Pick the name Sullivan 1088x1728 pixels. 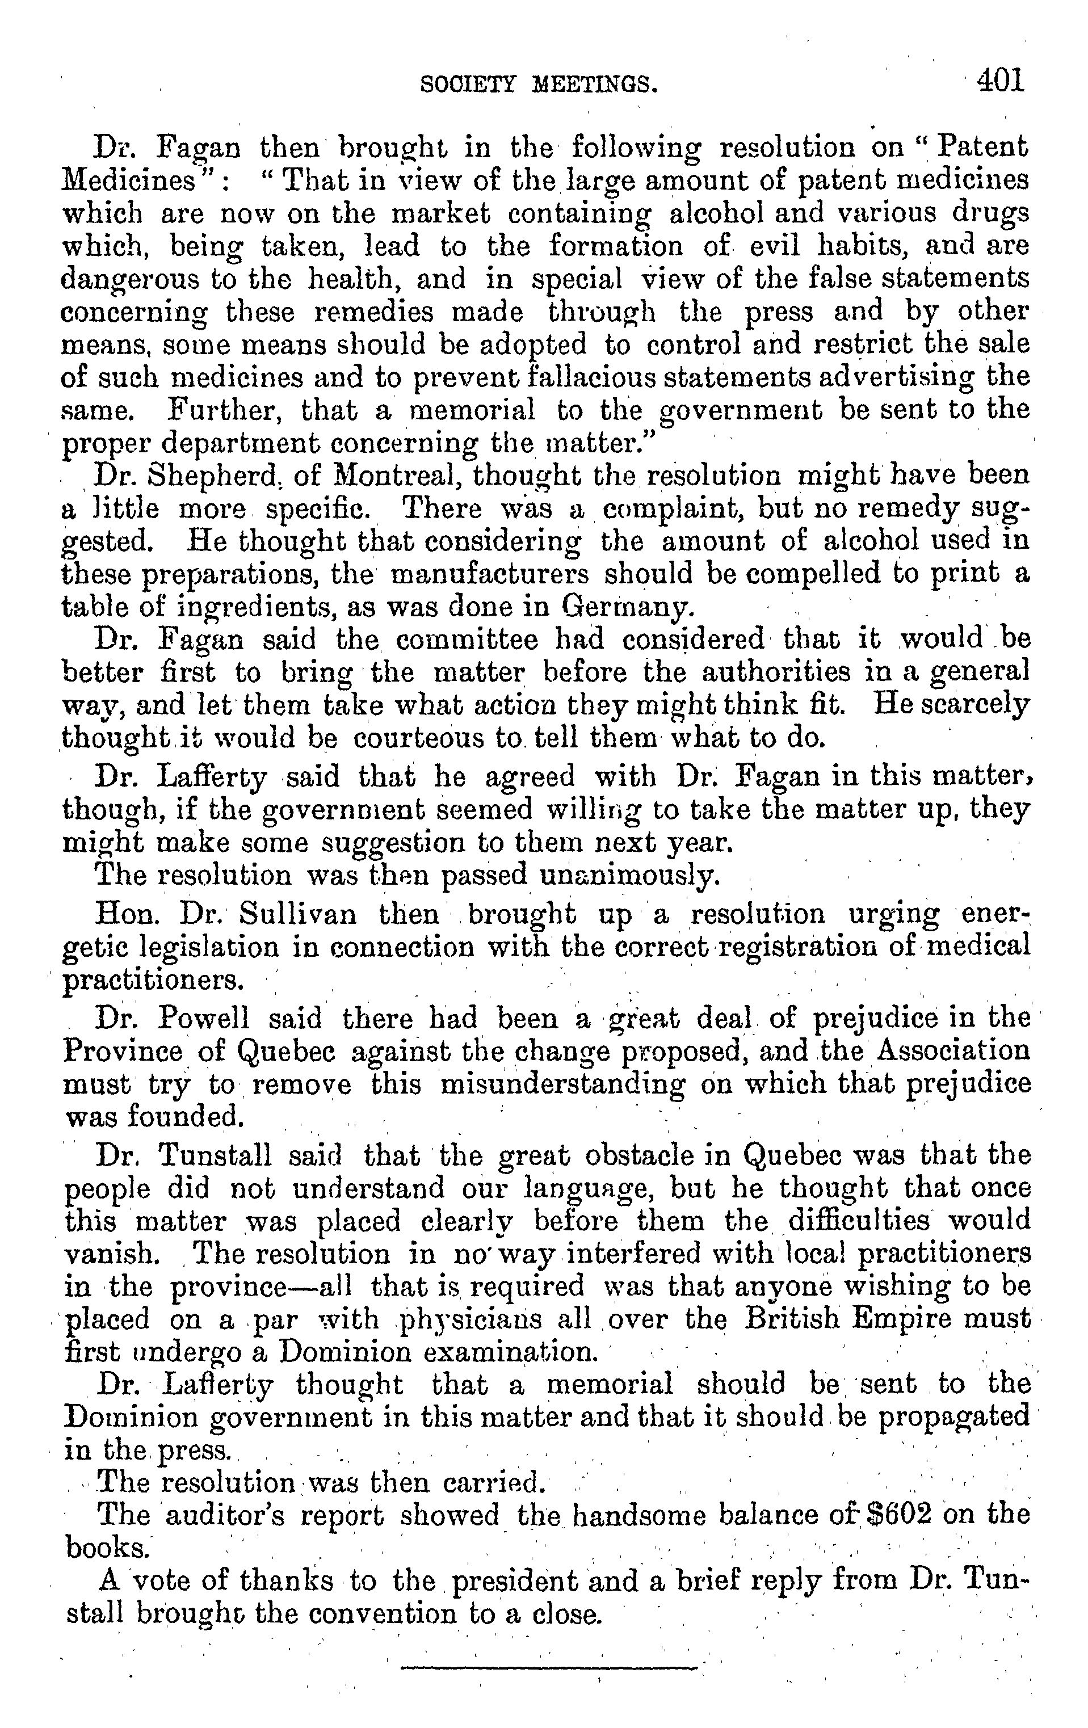297,915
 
